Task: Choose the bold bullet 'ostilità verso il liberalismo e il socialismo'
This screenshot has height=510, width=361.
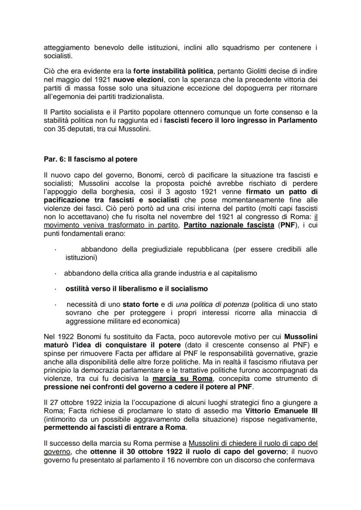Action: tap(136, 289)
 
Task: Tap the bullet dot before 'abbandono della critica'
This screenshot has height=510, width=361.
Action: tap(55, 274)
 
